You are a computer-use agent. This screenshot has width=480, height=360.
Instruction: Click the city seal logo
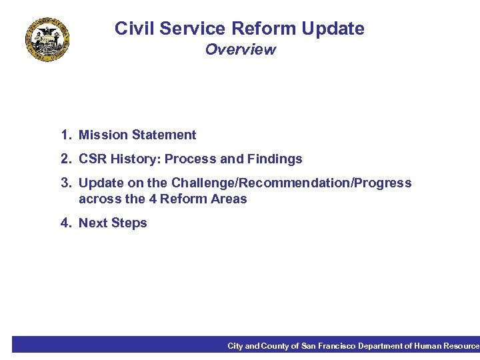coord(47,39)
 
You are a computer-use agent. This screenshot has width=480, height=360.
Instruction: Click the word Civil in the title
coord(131,29)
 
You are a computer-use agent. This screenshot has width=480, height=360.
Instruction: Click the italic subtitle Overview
coord(240,50)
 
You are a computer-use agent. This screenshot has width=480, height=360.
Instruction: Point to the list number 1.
coord(65,135)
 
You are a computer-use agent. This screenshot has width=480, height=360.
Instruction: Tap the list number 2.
coord(65,159)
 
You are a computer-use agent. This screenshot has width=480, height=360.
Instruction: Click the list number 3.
coord(65,183)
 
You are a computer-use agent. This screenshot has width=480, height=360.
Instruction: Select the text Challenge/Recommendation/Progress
coord(291,183)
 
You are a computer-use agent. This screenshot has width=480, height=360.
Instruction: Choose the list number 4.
coord(65,223)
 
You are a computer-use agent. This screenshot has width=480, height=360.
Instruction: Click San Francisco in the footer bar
coord(329,346)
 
